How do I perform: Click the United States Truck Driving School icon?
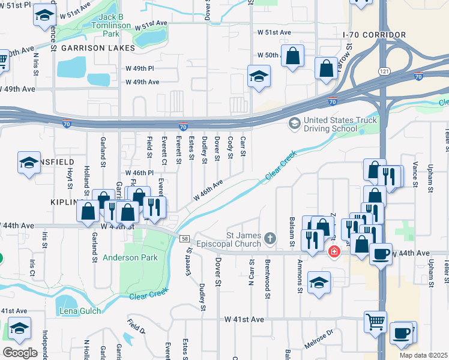[294, 124]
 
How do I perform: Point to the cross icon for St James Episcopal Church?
[270, 239]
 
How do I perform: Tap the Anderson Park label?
[130, 257]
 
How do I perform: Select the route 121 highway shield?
[382, 71]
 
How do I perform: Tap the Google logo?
[20, 352]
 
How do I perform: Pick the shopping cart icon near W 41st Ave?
[375, 320]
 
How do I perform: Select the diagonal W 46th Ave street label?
[208, 189]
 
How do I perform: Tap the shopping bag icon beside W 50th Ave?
[292, 57]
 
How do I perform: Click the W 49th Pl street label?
[142, 68]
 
